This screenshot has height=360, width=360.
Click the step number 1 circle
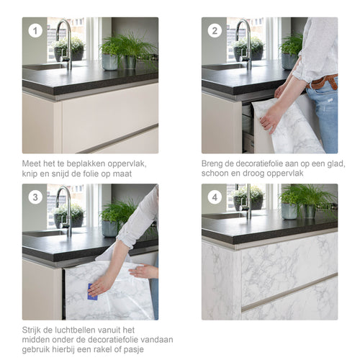(x=35, y=31)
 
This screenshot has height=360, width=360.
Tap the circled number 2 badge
(x=214, y=31)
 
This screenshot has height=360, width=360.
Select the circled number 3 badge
(x=35, y=197)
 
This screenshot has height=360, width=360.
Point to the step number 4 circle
(x=214, y=197)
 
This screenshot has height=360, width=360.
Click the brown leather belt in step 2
(x=322, y=82)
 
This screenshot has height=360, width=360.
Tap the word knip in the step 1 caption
(x=31, y=174)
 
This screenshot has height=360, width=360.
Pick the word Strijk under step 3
(x=33, y=330)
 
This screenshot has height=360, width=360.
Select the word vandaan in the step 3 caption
(x=156, y=340)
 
